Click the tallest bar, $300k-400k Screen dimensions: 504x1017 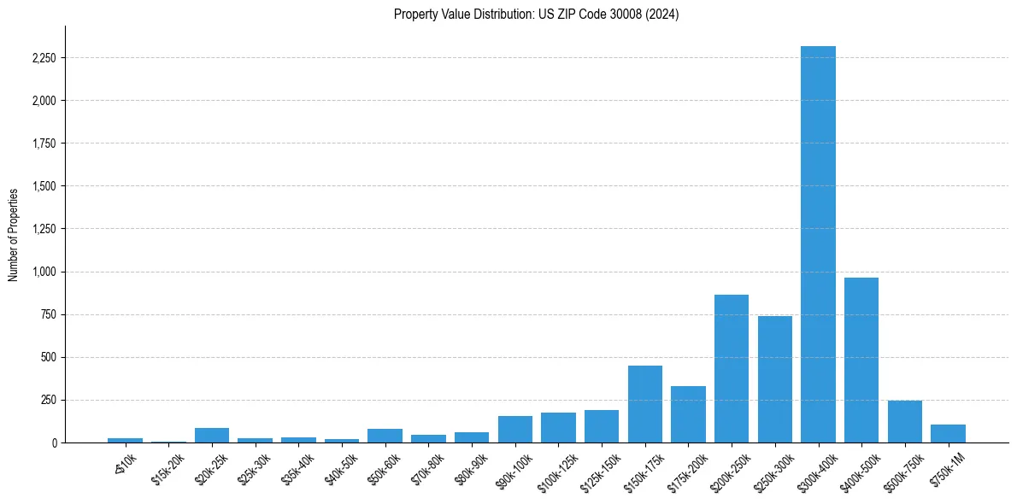(x=818, y=244)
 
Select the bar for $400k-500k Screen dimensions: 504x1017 (x=861, y=360)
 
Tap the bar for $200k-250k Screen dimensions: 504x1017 (x=732, y=368)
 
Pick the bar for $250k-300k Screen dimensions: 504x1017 (x=774, y=379)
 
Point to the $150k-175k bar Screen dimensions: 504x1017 (x=645, y=404)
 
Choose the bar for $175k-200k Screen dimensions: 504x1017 (x=688, y=414)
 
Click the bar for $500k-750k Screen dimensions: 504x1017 (x=904, y=421)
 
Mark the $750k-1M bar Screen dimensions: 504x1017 (x=948, y=433)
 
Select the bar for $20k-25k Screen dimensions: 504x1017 (x=212, y=435)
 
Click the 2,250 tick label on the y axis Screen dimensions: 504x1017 (x=43, y=58)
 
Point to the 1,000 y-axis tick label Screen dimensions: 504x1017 (x=43, y=272)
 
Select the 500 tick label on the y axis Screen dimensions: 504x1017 (x=48, y=357)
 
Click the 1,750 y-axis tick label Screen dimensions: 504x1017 (x=43, y=144)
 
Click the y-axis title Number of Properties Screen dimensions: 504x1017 (x=14, y=234)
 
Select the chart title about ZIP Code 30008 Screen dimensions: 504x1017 (x=536, y=15)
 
